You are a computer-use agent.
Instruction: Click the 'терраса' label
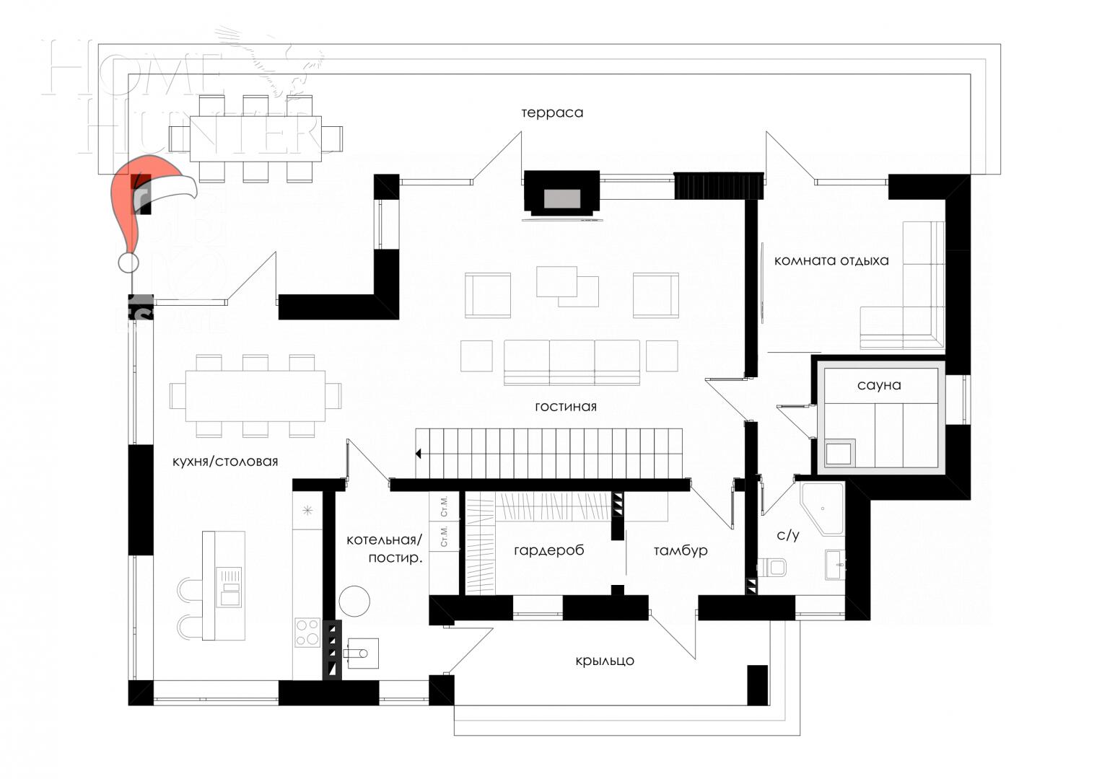[552, 113]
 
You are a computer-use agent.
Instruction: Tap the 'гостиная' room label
[566, 407]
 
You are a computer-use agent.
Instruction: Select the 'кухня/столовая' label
[225, 462]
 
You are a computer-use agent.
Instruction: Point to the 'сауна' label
[879, 385]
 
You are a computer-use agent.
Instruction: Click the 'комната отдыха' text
[831, 260]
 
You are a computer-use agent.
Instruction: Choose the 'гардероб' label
[549, 550]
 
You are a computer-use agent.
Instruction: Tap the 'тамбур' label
[681, 551]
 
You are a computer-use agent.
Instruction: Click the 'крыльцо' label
[605, 660]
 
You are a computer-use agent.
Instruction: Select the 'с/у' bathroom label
[787, 535]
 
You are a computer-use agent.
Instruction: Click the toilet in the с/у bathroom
[772, 566]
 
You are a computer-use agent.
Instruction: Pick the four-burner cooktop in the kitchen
[307, 632]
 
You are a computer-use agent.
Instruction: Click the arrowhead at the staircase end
[419, 454]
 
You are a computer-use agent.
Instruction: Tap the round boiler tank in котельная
[354, 600]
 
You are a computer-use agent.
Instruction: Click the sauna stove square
[839, 454]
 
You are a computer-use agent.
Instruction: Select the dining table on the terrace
[255, 138]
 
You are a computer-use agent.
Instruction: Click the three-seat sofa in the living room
[572, 362]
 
